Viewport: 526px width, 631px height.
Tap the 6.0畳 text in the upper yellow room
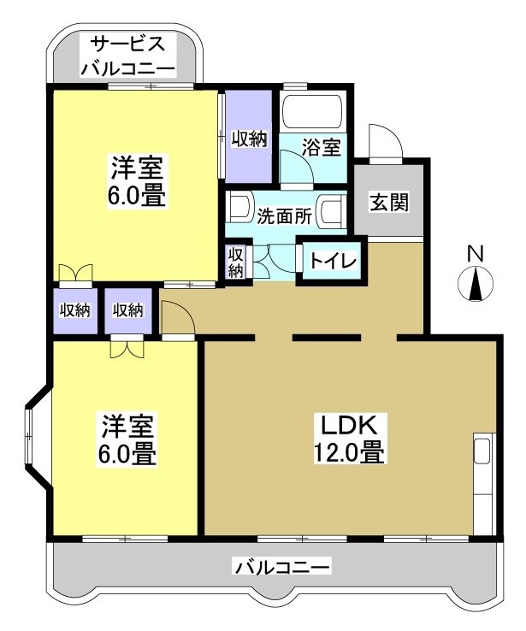(136, 195)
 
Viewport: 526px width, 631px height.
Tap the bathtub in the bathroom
(312, 112)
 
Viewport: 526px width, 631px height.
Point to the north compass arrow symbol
(476, 286)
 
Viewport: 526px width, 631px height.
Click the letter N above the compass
(476, 253)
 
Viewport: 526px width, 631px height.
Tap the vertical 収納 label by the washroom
(236, 262)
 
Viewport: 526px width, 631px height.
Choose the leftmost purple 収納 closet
(74, 310)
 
